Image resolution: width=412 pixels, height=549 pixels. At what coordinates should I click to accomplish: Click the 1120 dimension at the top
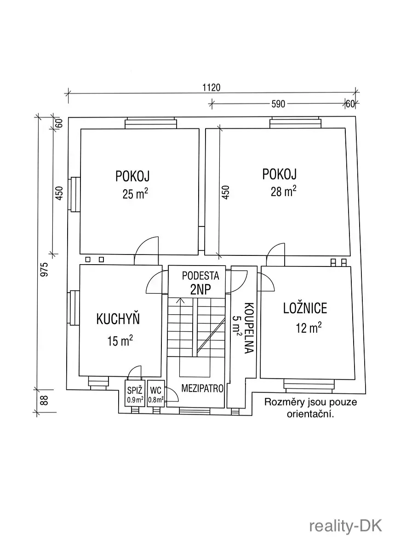tap(212, 87)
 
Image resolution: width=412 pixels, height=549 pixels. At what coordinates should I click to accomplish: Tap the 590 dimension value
tap(278, 104)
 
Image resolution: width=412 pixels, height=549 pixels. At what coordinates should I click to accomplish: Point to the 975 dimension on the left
tap(44, 270)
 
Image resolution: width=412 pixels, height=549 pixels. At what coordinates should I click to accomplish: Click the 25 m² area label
tap(135, 193)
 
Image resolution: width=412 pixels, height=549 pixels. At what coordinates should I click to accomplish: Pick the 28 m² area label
tap(283, 191)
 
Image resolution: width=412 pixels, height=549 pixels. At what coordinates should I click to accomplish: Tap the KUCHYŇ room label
tap(118, 319)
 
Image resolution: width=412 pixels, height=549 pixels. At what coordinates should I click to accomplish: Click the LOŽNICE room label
tap(305, 308)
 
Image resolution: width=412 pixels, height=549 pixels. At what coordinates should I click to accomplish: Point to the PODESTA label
tap(200, 276)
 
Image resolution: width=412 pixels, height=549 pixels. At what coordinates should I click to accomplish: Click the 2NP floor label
tap(200, 289)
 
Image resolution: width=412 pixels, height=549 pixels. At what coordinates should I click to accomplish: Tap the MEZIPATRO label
tap(202, 388)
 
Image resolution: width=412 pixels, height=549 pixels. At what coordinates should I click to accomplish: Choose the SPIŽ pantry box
tap(135, 393)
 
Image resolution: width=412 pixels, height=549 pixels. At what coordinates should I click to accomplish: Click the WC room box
tap(156, 393)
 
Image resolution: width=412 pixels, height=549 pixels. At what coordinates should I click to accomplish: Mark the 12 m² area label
tap(309, 328)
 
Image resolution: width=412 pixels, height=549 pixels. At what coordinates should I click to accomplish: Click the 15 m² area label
tap(120, 341)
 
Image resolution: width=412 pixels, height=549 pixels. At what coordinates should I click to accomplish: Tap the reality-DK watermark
tap(345, 526)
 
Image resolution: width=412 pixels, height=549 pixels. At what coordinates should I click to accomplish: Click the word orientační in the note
tap(310, 414)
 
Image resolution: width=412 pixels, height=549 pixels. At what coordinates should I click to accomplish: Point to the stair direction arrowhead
tap(180, 300)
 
